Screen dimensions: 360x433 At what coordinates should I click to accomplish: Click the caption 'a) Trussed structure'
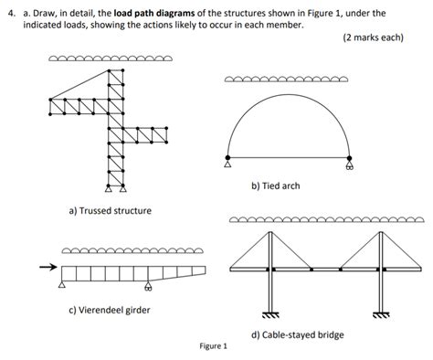[111, 211]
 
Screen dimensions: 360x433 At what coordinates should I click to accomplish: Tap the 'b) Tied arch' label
[275, 186]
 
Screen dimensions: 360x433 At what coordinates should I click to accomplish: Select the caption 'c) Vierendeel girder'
[111, 310]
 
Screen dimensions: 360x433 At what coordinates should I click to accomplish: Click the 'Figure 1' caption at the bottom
[213, 347]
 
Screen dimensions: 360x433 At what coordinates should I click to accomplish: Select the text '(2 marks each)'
[372, 39]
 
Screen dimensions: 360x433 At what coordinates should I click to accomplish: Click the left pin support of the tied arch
[227, 165]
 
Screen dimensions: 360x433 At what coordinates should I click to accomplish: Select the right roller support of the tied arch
[350, 165]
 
